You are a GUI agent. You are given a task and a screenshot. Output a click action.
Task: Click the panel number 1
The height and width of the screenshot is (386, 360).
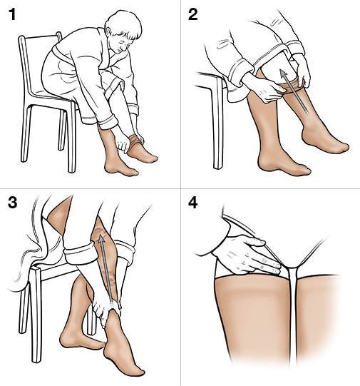[12, 14]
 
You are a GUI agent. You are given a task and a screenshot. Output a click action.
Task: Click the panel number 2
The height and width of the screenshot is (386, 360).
[192, 14]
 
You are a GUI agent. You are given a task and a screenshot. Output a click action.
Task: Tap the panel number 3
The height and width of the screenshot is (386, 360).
[12, 203]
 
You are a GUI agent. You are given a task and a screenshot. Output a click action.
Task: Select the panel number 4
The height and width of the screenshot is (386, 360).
[192, 203]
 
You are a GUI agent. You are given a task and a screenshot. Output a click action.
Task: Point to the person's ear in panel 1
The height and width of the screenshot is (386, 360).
[108, 31]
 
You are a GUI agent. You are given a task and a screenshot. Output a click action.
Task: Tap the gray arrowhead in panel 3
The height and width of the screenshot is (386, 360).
[101, 238]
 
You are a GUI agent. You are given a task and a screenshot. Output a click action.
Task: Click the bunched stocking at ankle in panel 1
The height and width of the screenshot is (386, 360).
[135, 141]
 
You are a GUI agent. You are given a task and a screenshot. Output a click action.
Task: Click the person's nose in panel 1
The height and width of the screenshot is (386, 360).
[121, 49]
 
